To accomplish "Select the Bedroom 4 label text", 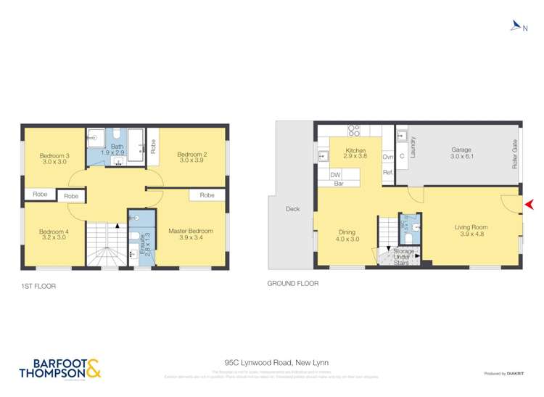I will click(54, 234).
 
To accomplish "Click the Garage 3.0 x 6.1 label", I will click(461, 153).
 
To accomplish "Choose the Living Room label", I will click(471, 231).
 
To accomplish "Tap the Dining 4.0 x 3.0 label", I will click(347, 234).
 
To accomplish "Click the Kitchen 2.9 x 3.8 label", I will click(356, 154).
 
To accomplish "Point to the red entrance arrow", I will click(529, 204).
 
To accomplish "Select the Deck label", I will click(292, 209).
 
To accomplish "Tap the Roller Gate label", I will click(514, 155).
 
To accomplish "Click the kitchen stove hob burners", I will click(355, 131).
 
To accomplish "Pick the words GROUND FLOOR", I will click(293, 284).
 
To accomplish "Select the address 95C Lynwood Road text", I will click(271, 362).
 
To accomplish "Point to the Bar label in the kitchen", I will click(338, 184).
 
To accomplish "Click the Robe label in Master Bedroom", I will click(207, 195).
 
